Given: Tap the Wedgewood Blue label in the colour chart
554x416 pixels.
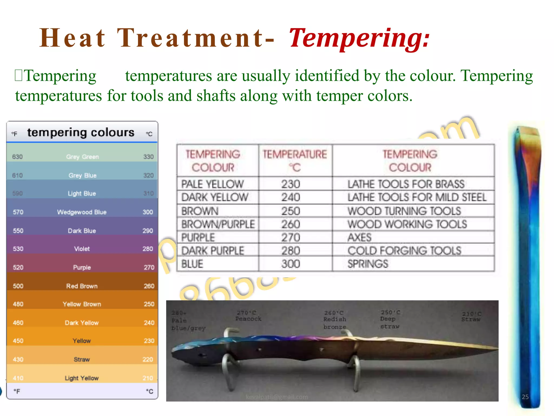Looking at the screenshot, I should coord(82,212).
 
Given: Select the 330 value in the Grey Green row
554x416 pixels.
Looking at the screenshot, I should coord(148,157).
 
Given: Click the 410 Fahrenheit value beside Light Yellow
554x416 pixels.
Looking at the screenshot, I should coord(18,378).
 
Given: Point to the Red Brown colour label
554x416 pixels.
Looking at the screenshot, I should coord(82,286).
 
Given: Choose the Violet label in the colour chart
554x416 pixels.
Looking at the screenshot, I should coord(82,249).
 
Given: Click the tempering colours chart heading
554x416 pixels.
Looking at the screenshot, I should coord(81,132).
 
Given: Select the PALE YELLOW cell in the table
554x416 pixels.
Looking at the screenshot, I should coord(212,184).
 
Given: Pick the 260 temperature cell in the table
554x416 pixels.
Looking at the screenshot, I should coord(291,224).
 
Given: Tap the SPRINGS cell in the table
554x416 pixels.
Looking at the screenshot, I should coord(368,264).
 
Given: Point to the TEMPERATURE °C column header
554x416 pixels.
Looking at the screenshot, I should coord(295,160).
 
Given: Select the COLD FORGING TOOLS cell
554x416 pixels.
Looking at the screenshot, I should coord(404,251).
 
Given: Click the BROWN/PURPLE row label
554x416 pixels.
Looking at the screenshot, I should coord(218,224).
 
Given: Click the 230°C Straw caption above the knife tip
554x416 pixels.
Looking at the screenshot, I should coord(471,317).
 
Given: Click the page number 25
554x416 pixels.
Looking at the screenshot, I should coord(525,397).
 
